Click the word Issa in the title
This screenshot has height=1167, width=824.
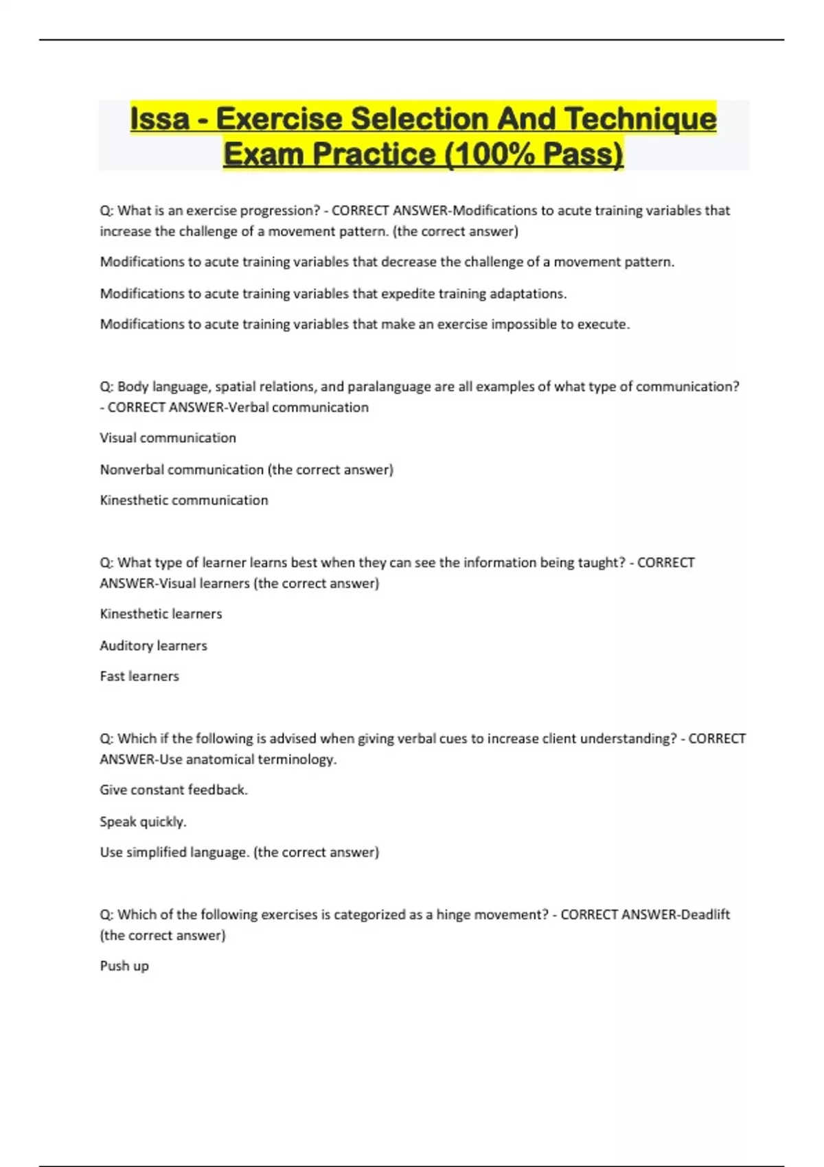[x=160, y=119]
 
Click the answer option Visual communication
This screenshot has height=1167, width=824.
[x=168, y=438]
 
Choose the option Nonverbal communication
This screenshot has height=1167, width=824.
[x=182, y=470]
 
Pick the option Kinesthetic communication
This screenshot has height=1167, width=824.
[x=184, y=500]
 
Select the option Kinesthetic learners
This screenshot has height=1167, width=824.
[x=161, y=614]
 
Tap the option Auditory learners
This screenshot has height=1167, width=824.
[x=153, y=645]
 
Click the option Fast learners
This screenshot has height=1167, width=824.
[x=139, y=676]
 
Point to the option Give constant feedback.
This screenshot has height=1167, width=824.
[x=174, y=790]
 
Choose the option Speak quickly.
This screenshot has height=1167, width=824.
[x=143, y=822]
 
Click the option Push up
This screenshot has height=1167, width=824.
[x=124, y=966]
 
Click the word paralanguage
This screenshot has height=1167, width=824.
[x=389, y=386]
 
